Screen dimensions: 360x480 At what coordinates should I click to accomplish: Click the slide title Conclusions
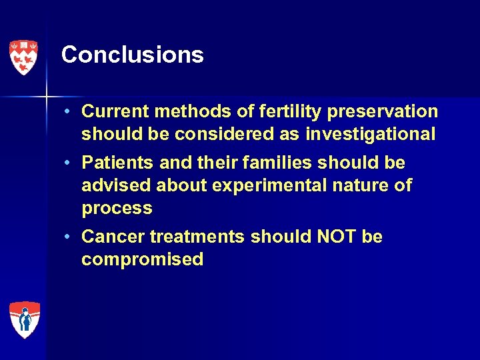[x=132, y=55]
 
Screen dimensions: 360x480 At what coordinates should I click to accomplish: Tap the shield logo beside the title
[x=23, y=57]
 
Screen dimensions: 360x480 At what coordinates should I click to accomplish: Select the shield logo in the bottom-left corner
[x=24, y=319]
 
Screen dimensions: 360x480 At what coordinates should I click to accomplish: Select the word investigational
[x=370, y=134]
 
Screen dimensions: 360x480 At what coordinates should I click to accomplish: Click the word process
[x=117, y=208]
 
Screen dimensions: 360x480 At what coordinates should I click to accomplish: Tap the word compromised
[x=142, y=259]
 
